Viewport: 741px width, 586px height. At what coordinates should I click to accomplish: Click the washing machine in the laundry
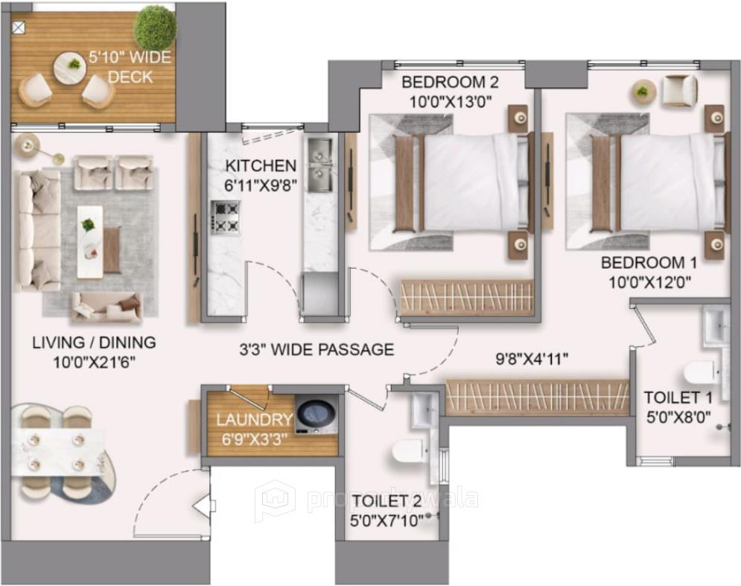pyautogui.click(x=316, y=414)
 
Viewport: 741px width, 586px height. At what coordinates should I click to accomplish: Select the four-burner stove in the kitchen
pyautogui.click(x=225, y=217)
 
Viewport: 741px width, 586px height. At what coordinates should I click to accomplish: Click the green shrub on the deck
pyautogui.click(x=155, y=28)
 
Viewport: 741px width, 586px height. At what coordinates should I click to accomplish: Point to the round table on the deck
pyautogui.click(x=70, y=67)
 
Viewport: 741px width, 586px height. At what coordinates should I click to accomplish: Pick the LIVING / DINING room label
pyautogui.click(x=94, y=343)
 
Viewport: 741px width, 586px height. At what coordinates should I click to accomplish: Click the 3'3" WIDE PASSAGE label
pyautogui.click(x=316, y=348)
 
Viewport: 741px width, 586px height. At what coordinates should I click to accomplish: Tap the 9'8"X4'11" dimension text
pyautogui.click(x=532, y=358)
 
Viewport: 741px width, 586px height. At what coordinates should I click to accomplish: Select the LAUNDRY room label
pyautogui.click(x=254, y=420)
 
